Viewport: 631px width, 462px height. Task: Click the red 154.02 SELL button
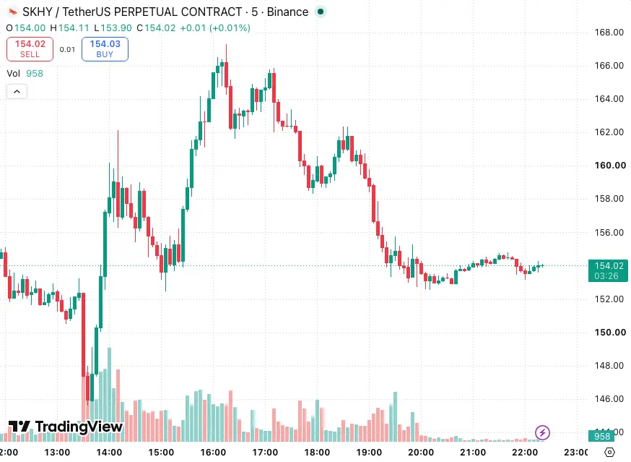(x=30, y=48)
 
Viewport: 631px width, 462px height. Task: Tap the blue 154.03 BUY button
(x=105, y=48)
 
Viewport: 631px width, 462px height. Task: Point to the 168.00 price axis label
(x=609, y=33)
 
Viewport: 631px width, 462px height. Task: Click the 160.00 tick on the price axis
(x=610, y=166)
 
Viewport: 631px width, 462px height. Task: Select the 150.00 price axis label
(x=610, y=332)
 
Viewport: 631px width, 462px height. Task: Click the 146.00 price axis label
(x=609, y=398)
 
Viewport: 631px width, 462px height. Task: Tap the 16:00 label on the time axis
(x=213, y=453)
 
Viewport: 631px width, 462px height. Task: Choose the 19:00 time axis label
(x=369, y=453)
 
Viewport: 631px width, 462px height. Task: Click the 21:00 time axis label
(x=473, y=453)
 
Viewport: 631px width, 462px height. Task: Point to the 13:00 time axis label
(x=57, y=453)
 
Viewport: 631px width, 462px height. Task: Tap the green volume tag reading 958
(x=602, y=436)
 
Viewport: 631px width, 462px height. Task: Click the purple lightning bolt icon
(x=542, y=432)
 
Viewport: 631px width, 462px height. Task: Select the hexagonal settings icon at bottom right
(x=609, y=453)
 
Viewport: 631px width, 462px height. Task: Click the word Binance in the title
(x=288, y=12)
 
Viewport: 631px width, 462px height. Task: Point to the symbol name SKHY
(x=38, y=12)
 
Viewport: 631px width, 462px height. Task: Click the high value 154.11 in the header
(x=74, y=27)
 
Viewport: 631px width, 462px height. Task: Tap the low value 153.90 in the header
(x=116, y=27)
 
